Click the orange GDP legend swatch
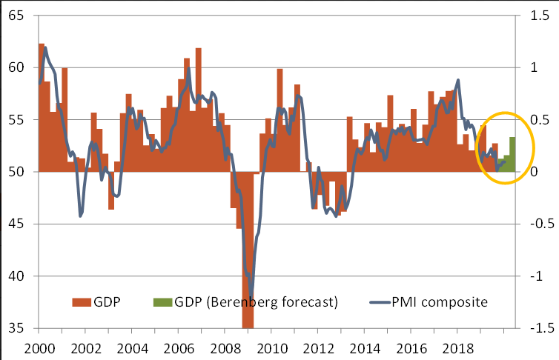click(81, 301)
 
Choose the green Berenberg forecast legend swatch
click(162, 301)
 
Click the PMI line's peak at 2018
click(458, 80)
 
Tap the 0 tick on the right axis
click(537, 171)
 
